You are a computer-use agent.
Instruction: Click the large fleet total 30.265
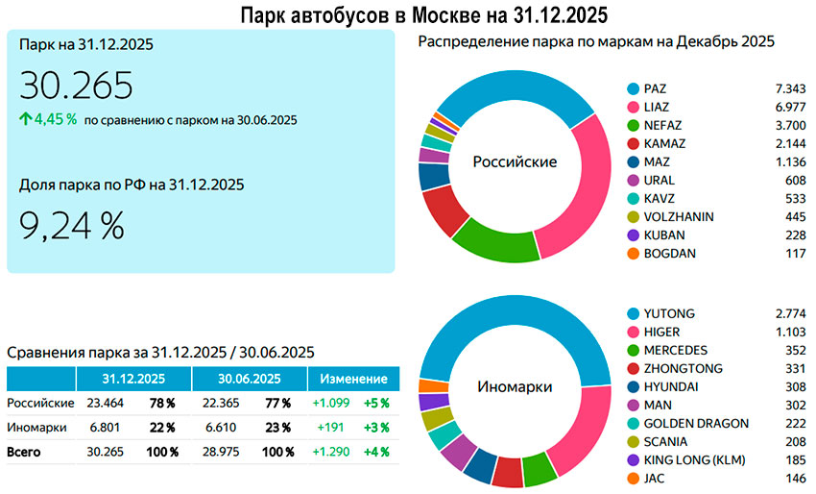coord(76,86)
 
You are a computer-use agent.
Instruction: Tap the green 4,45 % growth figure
coord(56,120)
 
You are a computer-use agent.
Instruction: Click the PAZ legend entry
coord(657,88)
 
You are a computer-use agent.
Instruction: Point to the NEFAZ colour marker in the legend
coord(632,125)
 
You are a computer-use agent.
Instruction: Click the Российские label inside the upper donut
coord(515,161)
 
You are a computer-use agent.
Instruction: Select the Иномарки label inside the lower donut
coord(515,386)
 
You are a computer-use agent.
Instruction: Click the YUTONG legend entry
coord(669,313)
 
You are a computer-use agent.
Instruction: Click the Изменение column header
coord(353,379)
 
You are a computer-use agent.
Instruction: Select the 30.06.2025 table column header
coord(248,379)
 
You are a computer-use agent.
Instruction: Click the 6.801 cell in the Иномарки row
coord(105,428)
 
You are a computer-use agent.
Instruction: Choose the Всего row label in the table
coord(24,452)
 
